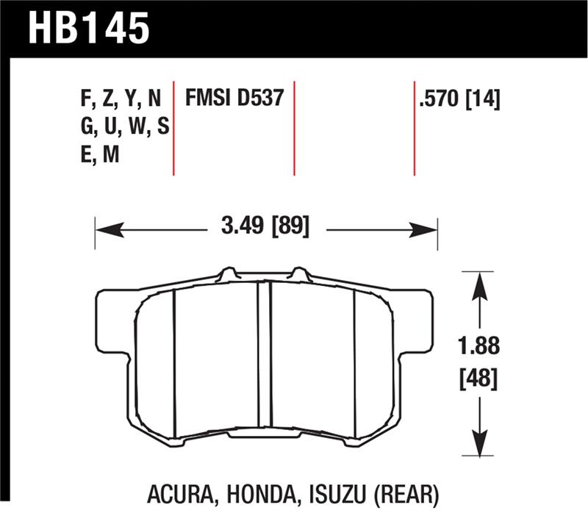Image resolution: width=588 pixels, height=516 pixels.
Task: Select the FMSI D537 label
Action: [234, 98]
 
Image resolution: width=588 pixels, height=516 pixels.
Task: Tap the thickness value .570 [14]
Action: [459, 98]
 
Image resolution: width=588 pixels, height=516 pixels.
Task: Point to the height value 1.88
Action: [479, 346]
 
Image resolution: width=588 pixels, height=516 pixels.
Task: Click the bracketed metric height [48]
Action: [479, 380]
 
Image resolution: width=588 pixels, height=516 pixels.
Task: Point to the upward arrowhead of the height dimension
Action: [479, 283]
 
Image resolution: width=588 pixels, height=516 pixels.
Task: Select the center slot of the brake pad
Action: [265, 360]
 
